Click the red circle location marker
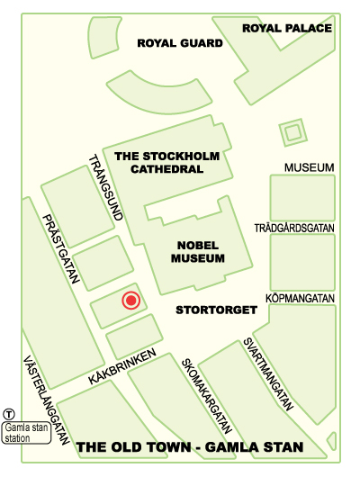[x=130, y=301]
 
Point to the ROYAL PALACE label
[x=287, y=28]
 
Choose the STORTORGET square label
[x=216, y=310]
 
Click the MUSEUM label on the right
[x=309, y=168]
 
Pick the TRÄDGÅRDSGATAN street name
[x=294, y=229]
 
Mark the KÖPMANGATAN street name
[x=300, y=298]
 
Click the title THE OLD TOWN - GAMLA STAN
[x=189, y=447]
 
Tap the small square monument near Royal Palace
[x=292, y=134]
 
